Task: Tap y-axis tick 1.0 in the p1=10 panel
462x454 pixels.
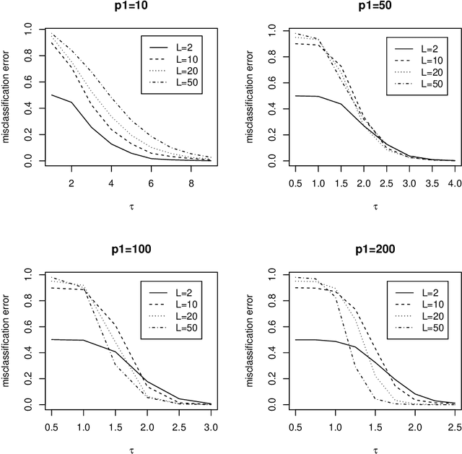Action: [x=28, y=29]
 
